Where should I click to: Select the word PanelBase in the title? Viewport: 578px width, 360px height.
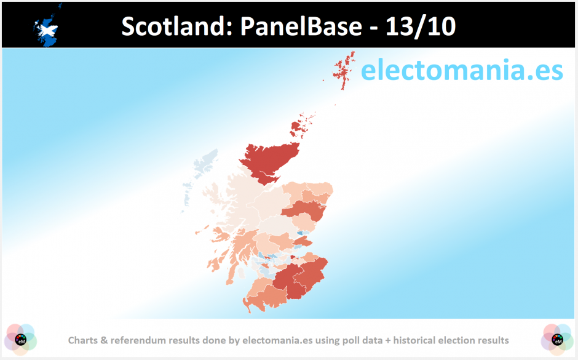[x=301, y=26]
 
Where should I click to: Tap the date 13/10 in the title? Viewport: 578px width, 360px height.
[x=421, y=26]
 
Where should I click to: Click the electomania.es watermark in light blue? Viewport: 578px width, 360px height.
[x=462, y=70]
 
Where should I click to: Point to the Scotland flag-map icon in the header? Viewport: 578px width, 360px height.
[x=47, y=26]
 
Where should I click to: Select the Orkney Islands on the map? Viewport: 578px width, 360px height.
[x=301, y=126]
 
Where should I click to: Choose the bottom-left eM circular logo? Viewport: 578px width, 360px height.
[x=21, y=339]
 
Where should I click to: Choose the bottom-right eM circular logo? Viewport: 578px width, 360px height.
[x=557, y=339]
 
